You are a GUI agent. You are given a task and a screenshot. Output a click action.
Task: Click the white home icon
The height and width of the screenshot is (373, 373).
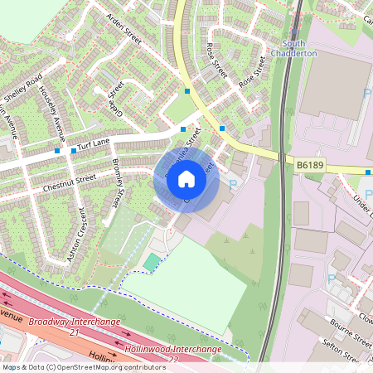(186, 179)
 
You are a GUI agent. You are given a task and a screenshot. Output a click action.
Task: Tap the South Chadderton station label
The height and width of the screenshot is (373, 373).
(299, 47)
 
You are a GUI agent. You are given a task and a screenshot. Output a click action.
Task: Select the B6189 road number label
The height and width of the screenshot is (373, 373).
(309, 167)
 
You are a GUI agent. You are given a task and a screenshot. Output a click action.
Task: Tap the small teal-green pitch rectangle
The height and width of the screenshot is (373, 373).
(151, 262)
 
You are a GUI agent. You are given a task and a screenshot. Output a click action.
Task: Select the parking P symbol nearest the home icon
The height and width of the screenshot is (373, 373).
(232, 185)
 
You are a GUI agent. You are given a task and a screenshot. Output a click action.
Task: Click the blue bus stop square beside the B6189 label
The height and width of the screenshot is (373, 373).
(367, 172)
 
